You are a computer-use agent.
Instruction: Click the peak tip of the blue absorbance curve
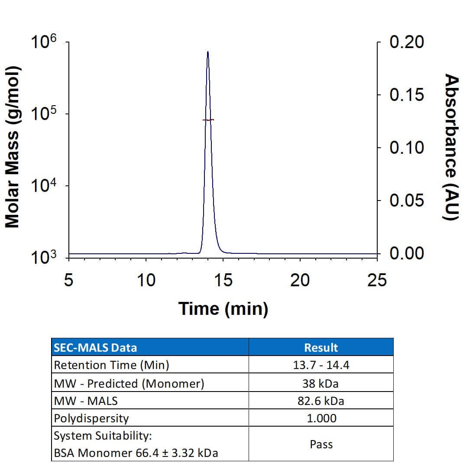pyautogui.click(x=208, y=52)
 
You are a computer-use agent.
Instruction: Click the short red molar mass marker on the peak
pyautogui.click(x=208, y=120)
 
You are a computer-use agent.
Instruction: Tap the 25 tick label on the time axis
pyautogui.click(x=376, y=280)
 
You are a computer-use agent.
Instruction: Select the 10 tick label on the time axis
pyautogui.click(x=146, y=280)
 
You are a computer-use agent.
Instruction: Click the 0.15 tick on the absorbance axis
pyautogui.click(x=406, y=95)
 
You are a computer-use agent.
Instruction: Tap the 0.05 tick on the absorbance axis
pyautogui.click(x=406, y=201)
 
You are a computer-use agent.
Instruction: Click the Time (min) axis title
pyautogui.click(x=223, y=309)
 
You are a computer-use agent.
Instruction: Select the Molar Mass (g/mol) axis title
pyautogui.click(x=13, y=147)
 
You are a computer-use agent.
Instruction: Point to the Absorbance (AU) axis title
pyautogui.click(x=452, y=147)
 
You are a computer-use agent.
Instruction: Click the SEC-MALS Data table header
pyautogui.click(x=95, y=347)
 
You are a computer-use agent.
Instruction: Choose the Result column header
pyautogui.click(x=321, y=347)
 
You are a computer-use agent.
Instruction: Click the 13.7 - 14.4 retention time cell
pyautogui.click(x=321, y=365)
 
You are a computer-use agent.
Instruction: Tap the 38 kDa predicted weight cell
pyautogui.click(x=321, y=383)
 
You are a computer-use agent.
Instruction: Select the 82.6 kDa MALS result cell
pyautogui.click(x=321, y=401)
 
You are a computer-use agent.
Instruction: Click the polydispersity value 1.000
pyautogui.click(x=321, y=418)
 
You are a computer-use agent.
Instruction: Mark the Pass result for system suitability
pyautogui.click(x=321, y=444)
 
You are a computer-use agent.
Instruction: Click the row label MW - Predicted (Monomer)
pyautogui.click(x=129, y=383)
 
